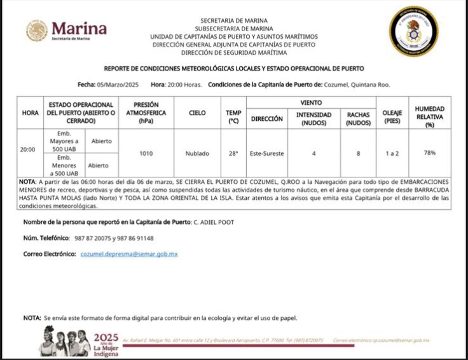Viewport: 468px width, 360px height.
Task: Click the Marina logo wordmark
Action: pyautogui.click(x=79, y=29)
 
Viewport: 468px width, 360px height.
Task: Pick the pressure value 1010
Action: pyautogui.click(x=146, y=153)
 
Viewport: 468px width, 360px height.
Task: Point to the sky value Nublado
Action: pyautogui.click(x=197, y=153)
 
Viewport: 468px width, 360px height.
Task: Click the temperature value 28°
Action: pyautogui.click(x=233, y=153)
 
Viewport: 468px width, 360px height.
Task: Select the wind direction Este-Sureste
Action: pyautogui.click(x=267, y=153)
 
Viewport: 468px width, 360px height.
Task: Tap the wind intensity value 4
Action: pyautogui.click(x=313, y=153)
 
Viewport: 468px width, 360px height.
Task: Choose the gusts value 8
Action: pyautogui.click(x=359, y=153)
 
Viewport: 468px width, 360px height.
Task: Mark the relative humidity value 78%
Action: pyautogui.click(x=430, y=153)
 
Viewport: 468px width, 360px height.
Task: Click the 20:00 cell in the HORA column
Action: pyautogui.click(x=27, y=150)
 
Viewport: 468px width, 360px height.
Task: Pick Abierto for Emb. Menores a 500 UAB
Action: pyautogui.click(x=98, y=165)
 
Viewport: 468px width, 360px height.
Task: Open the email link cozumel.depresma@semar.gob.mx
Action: pyautogui.click(x=129, y=254)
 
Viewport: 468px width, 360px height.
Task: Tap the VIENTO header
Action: pyautogui.click(x=311, y=102)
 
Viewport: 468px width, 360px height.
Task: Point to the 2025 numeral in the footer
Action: pyautogui.click(x=106, y=337)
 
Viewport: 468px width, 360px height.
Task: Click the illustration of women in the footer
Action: pyautogui.click(x=64, y=342)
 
